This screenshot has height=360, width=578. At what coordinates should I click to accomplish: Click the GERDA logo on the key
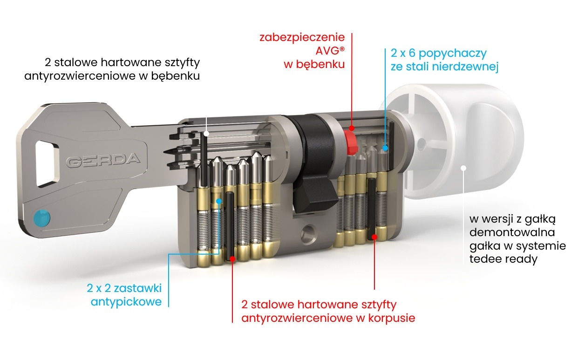pos(103,160)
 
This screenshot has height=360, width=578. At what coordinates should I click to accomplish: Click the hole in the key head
pos(47,163)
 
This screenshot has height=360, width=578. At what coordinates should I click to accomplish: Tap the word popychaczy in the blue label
pos(452,54)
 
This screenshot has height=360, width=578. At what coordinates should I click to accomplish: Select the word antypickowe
pos(126,302)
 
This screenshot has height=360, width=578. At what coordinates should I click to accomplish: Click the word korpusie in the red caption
pos(392,318)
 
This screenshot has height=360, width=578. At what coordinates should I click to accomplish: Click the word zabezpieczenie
pos(302,38)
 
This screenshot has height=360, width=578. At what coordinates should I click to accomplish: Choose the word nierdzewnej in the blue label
pos(465,67)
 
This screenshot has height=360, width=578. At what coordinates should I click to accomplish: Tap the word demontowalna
pos(512,232)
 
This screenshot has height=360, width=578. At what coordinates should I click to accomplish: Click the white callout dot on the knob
pos(463,168)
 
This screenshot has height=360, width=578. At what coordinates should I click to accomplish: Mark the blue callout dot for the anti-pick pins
pos(219,201)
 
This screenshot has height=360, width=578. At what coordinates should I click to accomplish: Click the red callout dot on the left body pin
pos(232,258)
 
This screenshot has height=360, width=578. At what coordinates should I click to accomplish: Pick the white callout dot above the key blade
pos(206,133)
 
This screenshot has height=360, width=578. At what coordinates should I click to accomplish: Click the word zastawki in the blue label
pos(138,288)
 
